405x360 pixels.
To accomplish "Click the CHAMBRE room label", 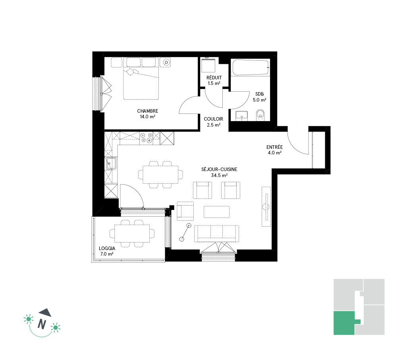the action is (147, 111).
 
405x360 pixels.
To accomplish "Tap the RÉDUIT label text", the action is (214, 77).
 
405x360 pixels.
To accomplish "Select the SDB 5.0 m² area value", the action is (259, 100).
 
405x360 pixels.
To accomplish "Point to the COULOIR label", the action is (213, 119).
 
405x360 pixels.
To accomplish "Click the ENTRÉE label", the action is (274, 147).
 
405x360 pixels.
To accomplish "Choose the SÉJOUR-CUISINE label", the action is (219, 169).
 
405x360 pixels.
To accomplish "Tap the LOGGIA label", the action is (107, 248).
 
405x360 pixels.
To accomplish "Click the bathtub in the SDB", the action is (251, 67).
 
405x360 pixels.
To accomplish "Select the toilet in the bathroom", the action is (260, 115).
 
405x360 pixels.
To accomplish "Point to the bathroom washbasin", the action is (241, 116).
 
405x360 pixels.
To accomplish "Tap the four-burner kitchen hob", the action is (146, 138).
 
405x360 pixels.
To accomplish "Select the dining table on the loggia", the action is (132, 233).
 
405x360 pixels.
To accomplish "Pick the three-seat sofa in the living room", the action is (216, 233).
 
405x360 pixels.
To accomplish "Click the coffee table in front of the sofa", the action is (216, 212).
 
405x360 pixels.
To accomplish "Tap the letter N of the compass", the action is (42, 324).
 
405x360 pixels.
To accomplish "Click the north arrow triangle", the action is (46, 312).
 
